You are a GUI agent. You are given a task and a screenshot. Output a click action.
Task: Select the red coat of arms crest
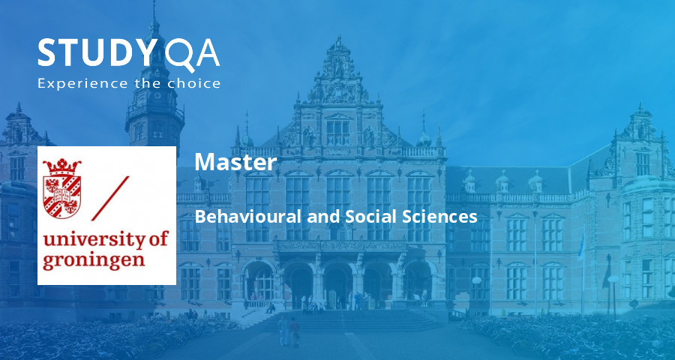coord(61,187)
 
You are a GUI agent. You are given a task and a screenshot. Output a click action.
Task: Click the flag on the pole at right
coord(581,244)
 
